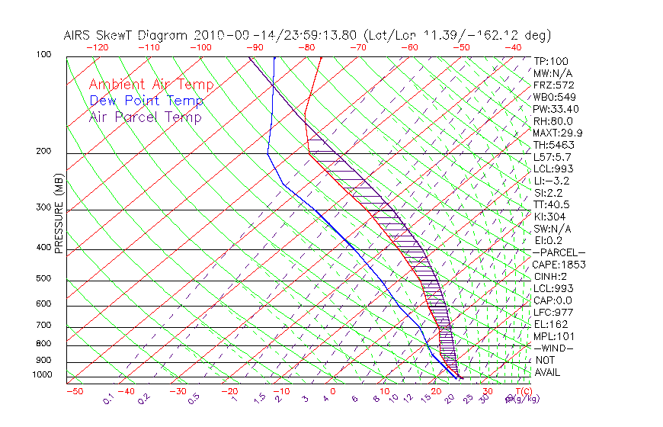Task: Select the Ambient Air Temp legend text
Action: (151, 85)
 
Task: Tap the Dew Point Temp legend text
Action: (146, 101)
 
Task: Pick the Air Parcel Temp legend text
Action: (145, 117)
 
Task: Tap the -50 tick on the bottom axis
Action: (75, 392)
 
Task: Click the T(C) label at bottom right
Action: (520, 392)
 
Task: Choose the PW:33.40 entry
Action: (556, 109)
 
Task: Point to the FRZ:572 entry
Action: (552, 85)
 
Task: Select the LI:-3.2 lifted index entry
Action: (551, 181)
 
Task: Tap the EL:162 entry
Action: (549, 324)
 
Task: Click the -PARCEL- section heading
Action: (559, 252)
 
